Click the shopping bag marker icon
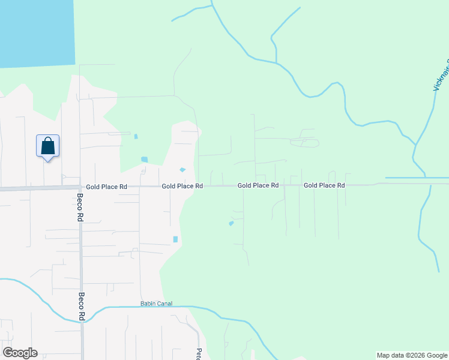48,146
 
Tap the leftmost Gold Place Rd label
106,187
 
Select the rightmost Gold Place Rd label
324,185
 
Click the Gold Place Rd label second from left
182,186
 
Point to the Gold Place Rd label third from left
258,185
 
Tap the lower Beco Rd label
80,306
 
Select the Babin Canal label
156,304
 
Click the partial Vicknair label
441,76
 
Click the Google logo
20,353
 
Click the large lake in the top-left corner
36,30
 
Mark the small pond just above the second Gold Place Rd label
182,170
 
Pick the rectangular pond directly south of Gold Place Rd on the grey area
175,239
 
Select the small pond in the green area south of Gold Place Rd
231,224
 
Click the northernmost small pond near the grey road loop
136,136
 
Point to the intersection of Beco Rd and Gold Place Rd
80,187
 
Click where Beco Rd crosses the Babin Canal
82,320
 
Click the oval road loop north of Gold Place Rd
304,143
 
